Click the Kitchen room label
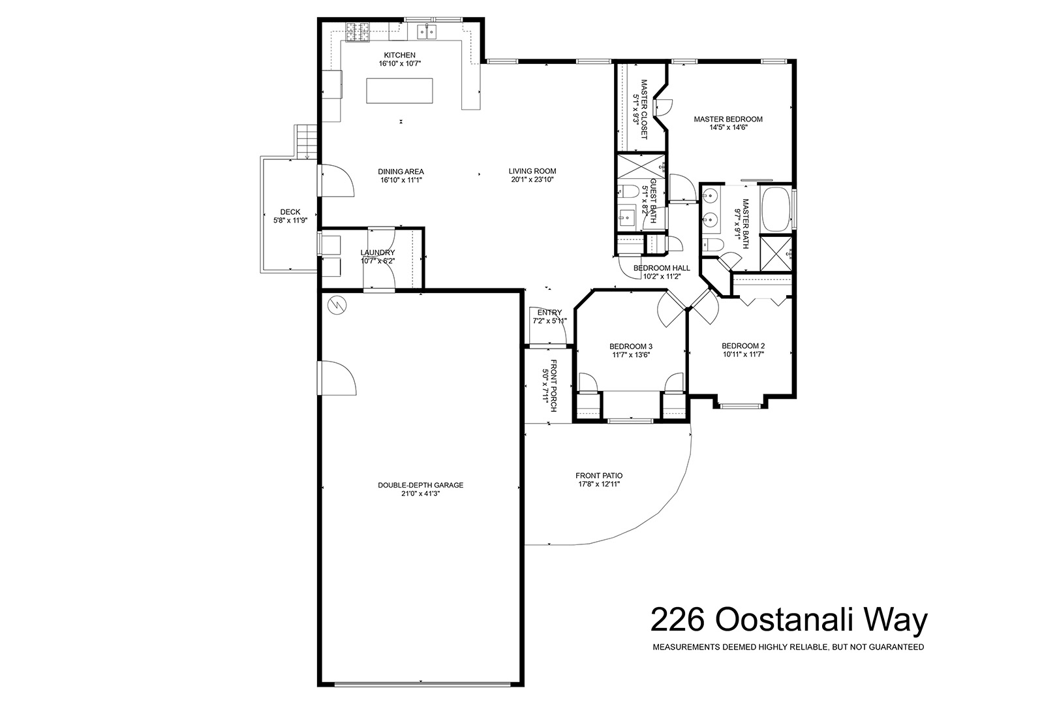pos(399,55)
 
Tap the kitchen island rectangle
pos(399,91)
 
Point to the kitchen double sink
pos(427,31)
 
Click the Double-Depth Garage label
pos(420,485)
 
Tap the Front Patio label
pos(599,475)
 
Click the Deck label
pos(290,212)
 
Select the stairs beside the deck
pos(306,142)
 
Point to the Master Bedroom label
pos(728,119)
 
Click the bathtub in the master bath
pos(776,209)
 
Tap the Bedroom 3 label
pos(631,347)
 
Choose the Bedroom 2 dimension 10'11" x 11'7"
pos(743,354)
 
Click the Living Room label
pos(532,171)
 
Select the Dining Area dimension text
pos(401,180)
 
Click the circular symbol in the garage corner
pos(337,305)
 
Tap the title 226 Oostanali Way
pos(788,620)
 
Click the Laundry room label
pos(378,253)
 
